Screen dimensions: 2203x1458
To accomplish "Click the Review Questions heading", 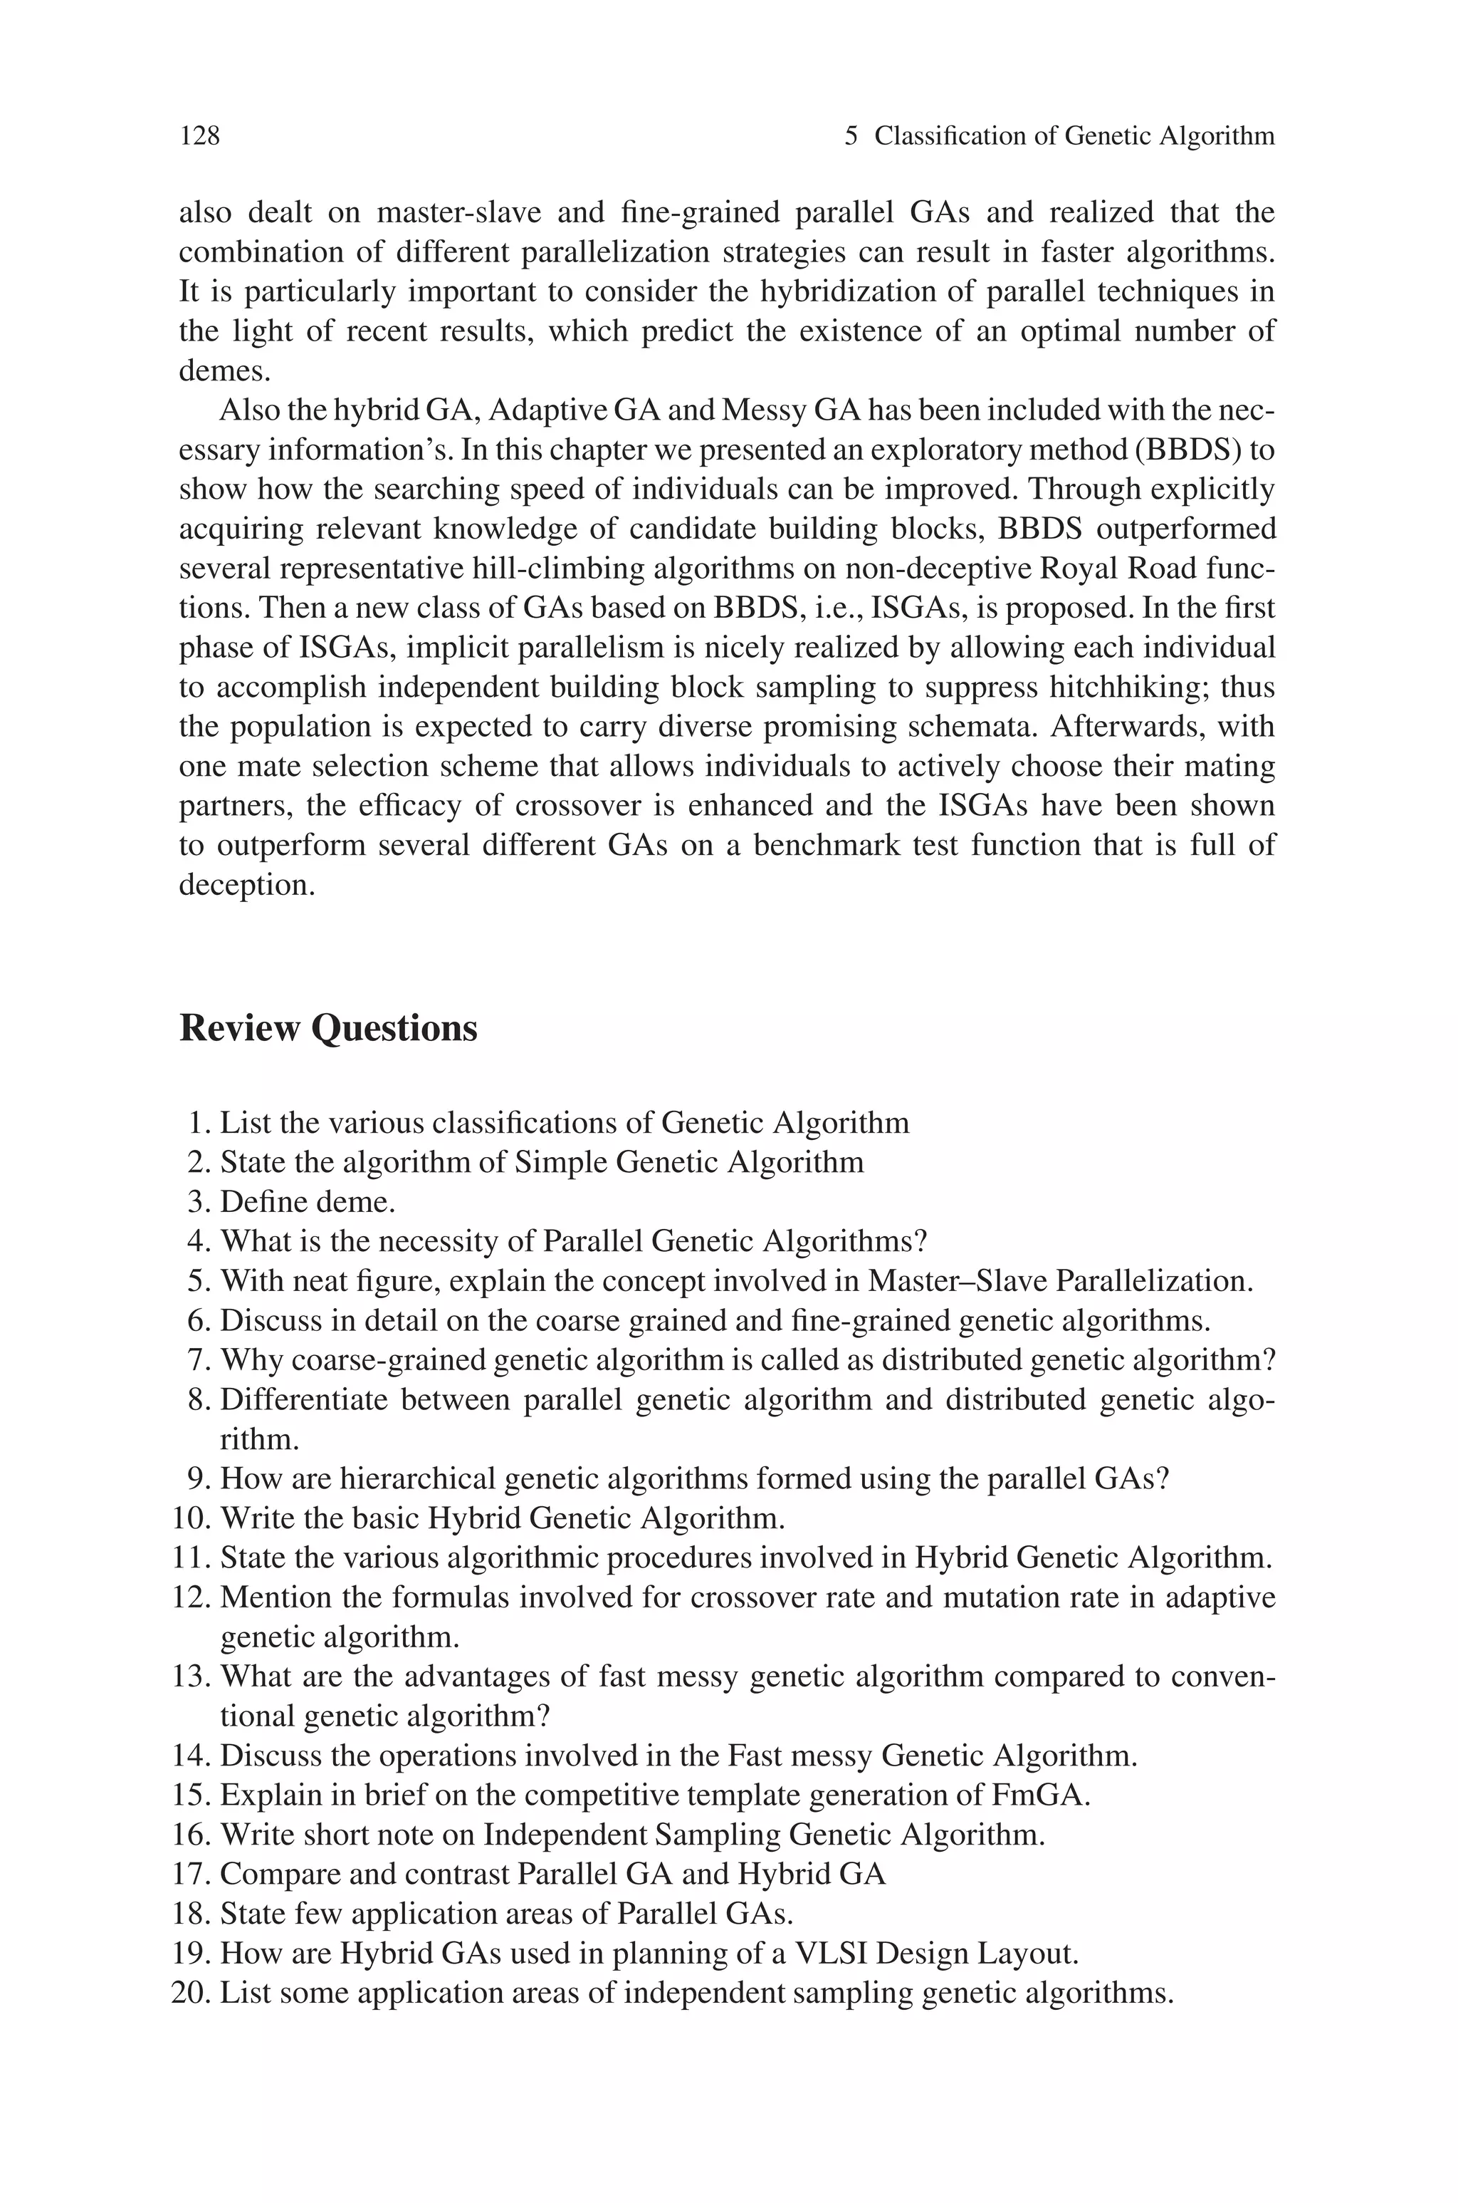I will (x=327, y=1028).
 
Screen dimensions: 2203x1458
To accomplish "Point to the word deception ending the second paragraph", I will (x=246, y=885).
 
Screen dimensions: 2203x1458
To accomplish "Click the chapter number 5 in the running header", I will (x=851, y=137).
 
